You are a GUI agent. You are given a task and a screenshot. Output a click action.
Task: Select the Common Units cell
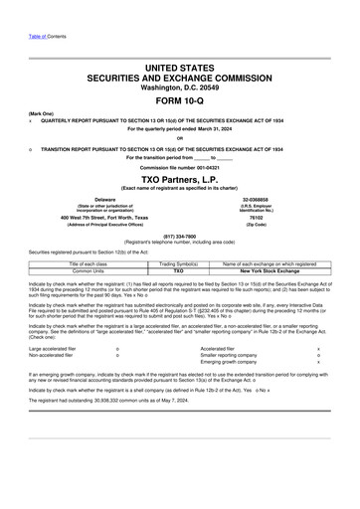click(x=68, y=270)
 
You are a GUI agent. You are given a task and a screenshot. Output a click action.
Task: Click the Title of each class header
click(x=68, y=263)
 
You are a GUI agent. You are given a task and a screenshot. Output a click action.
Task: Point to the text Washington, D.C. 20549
click(x=179, y=86)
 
